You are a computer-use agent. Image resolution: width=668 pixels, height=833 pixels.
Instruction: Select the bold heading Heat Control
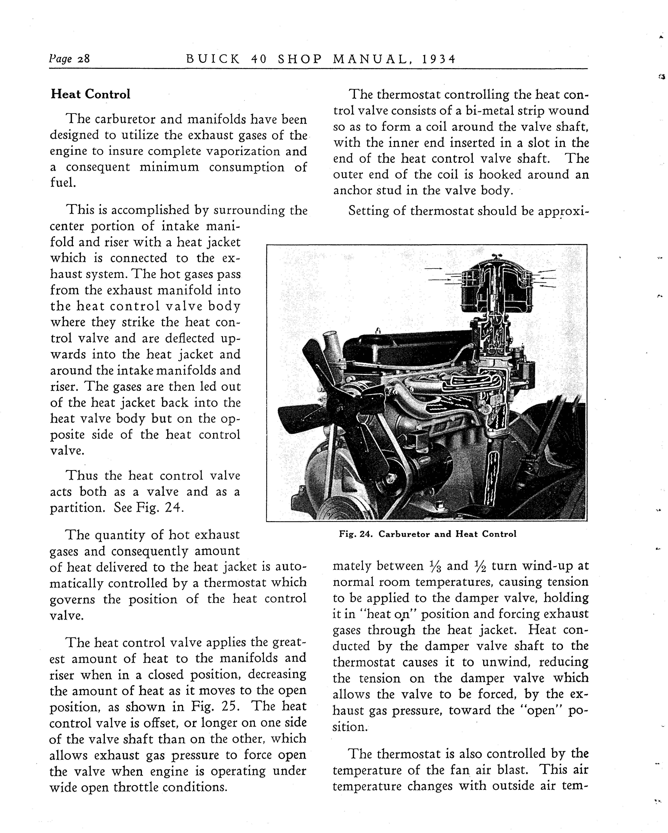tap(90, 94)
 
